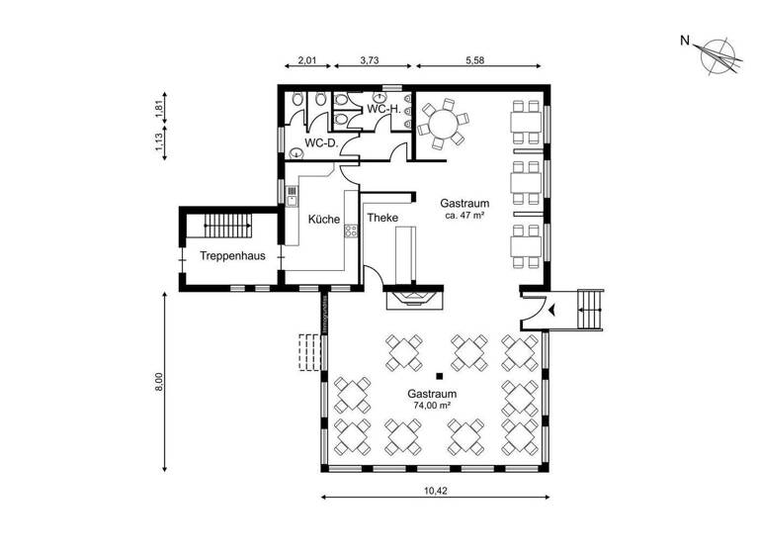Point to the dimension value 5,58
[x=480, y=61]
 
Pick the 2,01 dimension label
[x=309, y=61]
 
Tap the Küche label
[x=324, y=220]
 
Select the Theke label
[x=382, y=219]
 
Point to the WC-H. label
[x=382, y=108]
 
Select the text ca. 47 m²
[x=464, y=215]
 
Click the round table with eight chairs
[x=444, y=124]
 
